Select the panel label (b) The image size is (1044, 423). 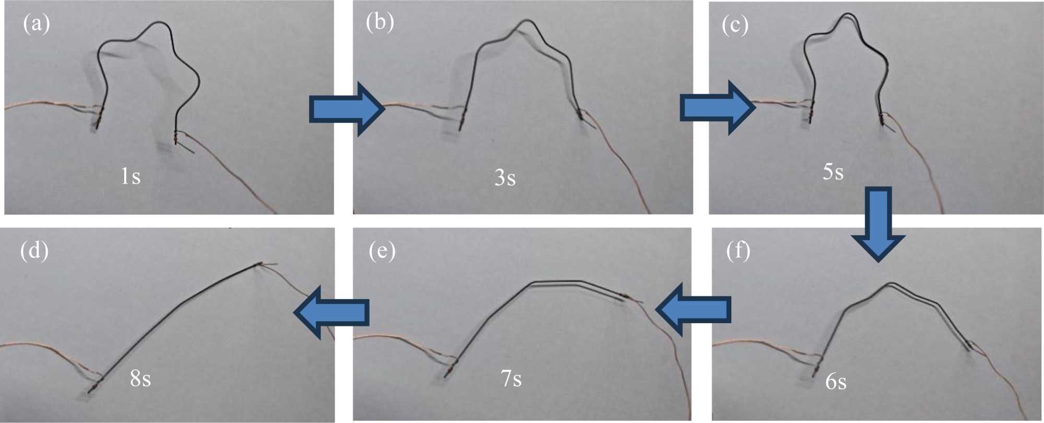pos(379,22)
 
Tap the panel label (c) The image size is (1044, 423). pos(734,25)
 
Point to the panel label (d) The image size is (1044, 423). pos(34,251)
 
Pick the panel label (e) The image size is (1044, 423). pos(382,251)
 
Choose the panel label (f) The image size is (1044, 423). pos(738,251)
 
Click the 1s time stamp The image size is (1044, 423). pos(130,177)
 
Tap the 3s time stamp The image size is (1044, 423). pos(505,178)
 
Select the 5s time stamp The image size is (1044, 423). pos(833,172)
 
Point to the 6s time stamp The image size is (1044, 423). pos(836,382)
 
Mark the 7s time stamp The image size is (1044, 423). pos(511,379)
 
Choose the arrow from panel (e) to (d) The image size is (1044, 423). pos(332,312)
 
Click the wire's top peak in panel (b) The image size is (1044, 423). pos(526,21)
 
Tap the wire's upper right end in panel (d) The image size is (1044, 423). pos(259,265)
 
